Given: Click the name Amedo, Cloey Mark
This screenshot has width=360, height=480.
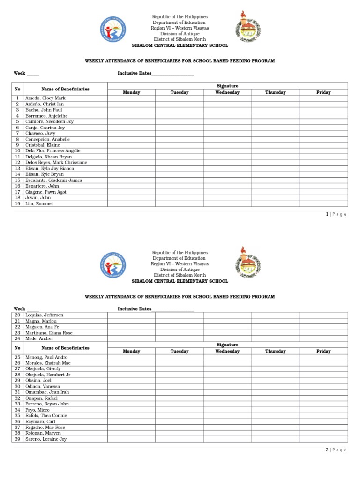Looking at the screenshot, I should tap(45, 98).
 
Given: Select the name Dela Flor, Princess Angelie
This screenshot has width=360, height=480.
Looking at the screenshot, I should tap(52, 151).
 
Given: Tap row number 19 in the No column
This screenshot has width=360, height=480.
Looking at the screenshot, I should tap(17, 204).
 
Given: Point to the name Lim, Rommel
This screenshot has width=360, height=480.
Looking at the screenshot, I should tap(39, 204).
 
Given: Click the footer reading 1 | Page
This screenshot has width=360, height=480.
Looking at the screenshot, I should tap(336, 214).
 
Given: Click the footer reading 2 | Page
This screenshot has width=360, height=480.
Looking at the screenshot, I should tap(336, 450).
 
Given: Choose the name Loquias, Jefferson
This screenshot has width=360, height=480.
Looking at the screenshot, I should tap(44, 315).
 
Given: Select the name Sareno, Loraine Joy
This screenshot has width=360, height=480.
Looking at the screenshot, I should tap(46, 439).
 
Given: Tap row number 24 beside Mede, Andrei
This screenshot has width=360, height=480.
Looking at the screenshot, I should tap(17, 338).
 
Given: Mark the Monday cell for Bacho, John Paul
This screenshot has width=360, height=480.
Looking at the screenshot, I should tap(131, 110).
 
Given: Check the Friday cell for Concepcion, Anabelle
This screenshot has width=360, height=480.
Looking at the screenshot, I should tap(323, 139).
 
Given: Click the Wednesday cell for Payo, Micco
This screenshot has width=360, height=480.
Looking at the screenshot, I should tap(227, 410).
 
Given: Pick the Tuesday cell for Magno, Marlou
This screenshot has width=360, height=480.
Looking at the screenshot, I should tap(179, 321).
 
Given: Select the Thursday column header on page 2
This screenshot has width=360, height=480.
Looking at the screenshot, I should tap(275, 351).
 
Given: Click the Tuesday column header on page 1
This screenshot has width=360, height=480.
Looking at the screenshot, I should tap(179, 92).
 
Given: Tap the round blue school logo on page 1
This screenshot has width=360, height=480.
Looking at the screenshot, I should tap(113, 29).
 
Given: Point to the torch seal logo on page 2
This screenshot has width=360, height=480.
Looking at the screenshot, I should tap(248, 263).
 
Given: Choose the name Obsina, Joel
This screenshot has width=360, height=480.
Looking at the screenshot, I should tap(38, 381).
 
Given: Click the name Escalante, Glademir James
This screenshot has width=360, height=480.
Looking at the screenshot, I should tap(53, 180).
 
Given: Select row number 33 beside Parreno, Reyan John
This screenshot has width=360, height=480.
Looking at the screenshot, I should tap(17, 404).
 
